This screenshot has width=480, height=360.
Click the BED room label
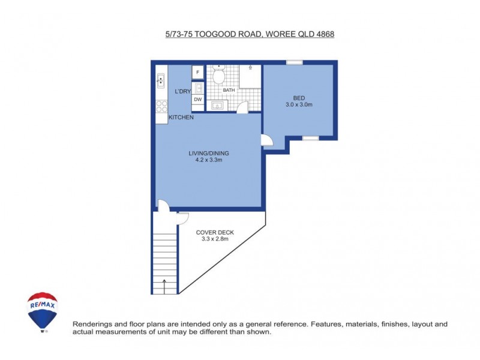coord(298,98)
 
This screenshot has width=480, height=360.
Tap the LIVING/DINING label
coord(209,153)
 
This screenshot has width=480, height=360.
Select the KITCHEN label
coord(181,118)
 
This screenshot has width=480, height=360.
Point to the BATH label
coord(229,90)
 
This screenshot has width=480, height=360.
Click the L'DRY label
coord(182,91)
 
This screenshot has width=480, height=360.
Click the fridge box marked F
coord(197,73)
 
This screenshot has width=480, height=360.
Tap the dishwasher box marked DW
coord(197,100)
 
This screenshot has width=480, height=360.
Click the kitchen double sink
coord(161,80)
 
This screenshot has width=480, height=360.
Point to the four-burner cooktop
coord(161,106)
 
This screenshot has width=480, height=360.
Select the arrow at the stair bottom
coord(165,286)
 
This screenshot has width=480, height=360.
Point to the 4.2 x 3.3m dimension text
coord(209,160)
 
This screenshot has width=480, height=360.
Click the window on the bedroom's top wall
coord(294,62)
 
